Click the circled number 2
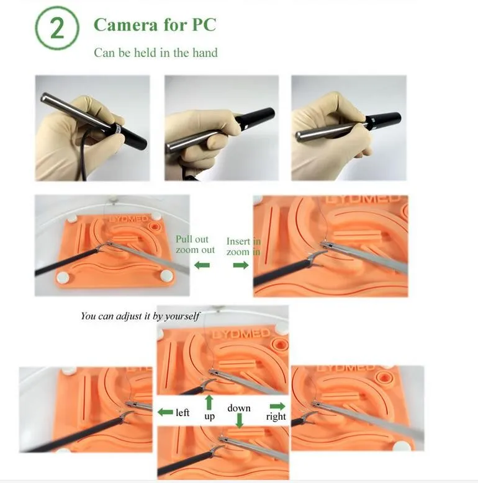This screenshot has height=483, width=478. [57, 28]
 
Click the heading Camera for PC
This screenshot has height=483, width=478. [155, 25]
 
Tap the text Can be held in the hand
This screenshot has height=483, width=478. [156, 53]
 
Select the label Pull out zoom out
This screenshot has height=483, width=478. [195, 244]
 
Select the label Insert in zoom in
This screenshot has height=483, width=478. [243, 246]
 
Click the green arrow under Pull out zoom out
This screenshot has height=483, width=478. [202, 265]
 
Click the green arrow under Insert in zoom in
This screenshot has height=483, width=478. [241, 265]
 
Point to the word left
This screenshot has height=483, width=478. [183, 412]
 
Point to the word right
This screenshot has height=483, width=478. [276, 417]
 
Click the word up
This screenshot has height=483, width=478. [209, 417]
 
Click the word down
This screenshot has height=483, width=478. [239, 408]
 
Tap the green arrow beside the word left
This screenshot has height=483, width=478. [165, 412]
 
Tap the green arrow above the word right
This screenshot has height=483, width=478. [277, 406]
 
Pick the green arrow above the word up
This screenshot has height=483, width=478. [209, 402]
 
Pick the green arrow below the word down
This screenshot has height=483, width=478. [239, 420]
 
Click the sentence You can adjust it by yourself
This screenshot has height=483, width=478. [140, 316]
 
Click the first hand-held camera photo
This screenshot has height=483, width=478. [92, 128]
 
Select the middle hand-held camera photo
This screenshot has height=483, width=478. [222, 128]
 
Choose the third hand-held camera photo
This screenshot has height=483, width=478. [348, 128]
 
